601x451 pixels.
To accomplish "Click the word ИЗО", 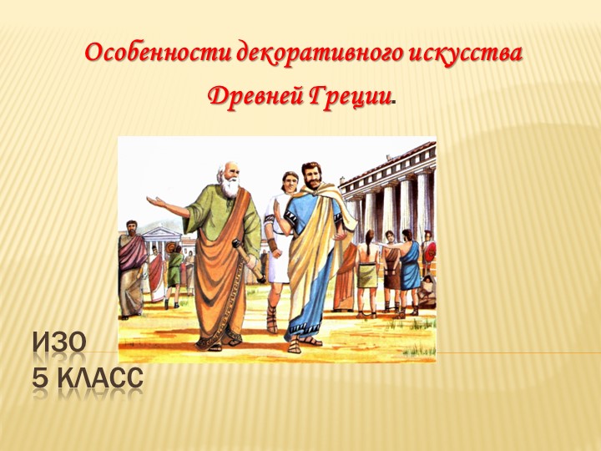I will [x=59, y=342].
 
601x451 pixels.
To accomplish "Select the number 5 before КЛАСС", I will [x=41, y=378].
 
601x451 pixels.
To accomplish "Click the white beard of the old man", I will [x=230, y=187].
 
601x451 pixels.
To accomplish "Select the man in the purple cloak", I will [x=131, y=267].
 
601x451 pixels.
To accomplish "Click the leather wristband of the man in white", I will [x=272, y=247].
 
